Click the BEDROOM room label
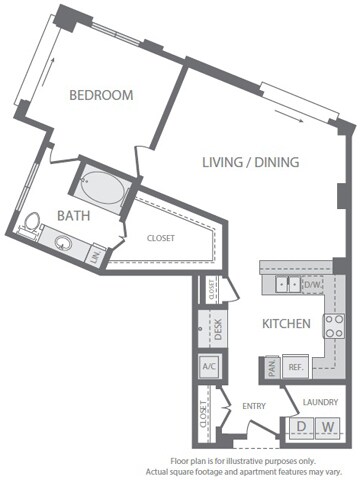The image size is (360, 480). (101, 95)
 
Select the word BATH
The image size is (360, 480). (47, 215)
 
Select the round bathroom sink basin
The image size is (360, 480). (66, 241)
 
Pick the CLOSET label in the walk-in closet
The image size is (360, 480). (160, 238)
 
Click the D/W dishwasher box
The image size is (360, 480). (313, 285)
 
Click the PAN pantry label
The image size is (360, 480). (271, 367)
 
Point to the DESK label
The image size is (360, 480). (211, 327)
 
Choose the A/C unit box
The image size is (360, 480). (210, 367)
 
